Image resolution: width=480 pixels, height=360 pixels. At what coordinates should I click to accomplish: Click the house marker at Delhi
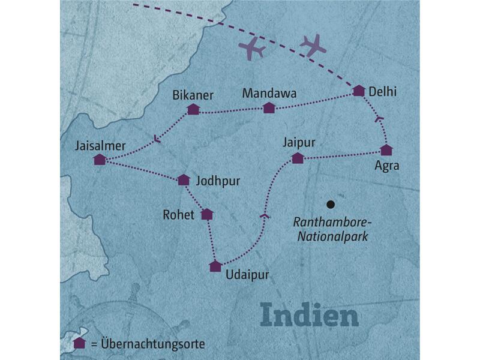[x=359, y=91]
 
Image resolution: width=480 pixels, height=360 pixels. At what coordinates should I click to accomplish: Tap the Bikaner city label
[x=193, y=94]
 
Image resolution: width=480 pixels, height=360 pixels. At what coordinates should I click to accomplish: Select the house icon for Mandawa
[x=269, y=107]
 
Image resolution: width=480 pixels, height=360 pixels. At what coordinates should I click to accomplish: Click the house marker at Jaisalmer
[x=100, y=160]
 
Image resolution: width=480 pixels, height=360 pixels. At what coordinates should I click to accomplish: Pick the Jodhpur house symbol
[x=184, y=179]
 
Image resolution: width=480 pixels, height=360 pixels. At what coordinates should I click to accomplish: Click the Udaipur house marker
[x=215, y=266]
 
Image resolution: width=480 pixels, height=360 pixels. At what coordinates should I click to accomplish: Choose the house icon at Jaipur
[x=297, y=158]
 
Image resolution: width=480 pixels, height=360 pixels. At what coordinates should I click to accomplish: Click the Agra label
[x=386, y=166]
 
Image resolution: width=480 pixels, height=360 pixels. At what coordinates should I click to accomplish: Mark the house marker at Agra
[x=386, y=149]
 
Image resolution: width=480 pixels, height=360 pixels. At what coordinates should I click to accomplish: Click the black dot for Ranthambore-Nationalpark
[x=329, y=203]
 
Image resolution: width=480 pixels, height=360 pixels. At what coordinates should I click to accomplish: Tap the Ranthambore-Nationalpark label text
[x=331, y=229]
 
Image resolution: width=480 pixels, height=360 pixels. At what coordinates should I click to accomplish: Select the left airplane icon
[x=252, y=49]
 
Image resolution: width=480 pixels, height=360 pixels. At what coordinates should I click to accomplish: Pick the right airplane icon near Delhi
[x=313, y=45]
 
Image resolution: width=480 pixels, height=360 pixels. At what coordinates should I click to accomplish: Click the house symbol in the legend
[x=79, y=343]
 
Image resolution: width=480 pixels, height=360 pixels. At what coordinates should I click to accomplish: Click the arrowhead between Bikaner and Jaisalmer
[x=157, y=140]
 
